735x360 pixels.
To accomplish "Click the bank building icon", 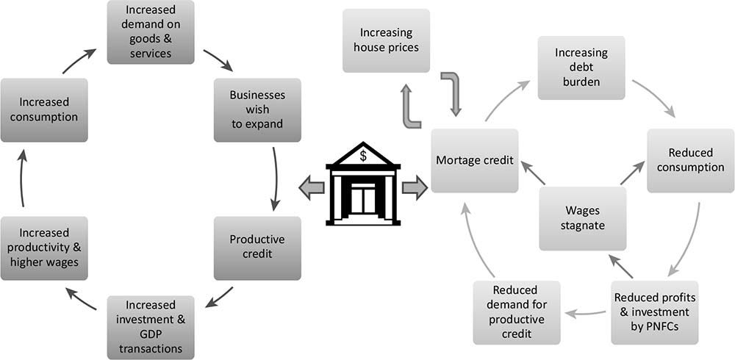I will pyautogui.click(x=363, y=187).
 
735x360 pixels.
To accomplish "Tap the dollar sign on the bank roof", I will pyautogui.click(x=363, y=156).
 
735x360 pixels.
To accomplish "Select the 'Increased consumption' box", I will pyautogui.click(x=44, y=109).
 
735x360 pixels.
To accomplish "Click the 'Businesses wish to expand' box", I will pyautogui.click(x=257, y=109).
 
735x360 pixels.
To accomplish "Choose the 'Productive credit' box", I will pyautogui.click(x=257, y=248).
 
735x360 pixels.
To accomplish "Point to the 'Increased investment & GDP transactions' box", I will pyautogui.click(x=151, y=327).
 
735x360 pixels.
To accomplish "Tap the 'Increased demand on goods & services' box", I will pyautogui.click(x=151, y=32).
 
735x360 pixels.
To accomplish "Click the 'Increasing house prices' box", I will pyautogui.click(x=387, y=40).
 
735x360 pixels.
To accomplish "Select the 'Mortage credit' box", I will pyautogui.click(x=474, y=160).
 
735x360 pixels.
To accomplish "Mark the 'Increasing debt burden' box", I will pyautogui.click(x=581, y=68).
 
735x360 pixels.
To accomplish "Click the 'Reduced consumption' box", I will pyautogui.click(x=690, y=160).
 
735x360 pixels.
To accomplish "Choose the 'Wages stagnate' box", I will pyautogui.click(x=583, y=217).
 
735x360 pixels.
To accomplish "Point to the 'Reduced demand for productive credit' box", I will pyautogui.click(x=517, y=312).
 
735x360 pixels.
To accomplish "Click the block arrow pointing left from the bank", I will pyautogui.click(x=312, y=189).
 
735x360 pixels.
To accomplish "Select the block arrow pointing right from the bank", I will pyautogui.click(x=415, y=189).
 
